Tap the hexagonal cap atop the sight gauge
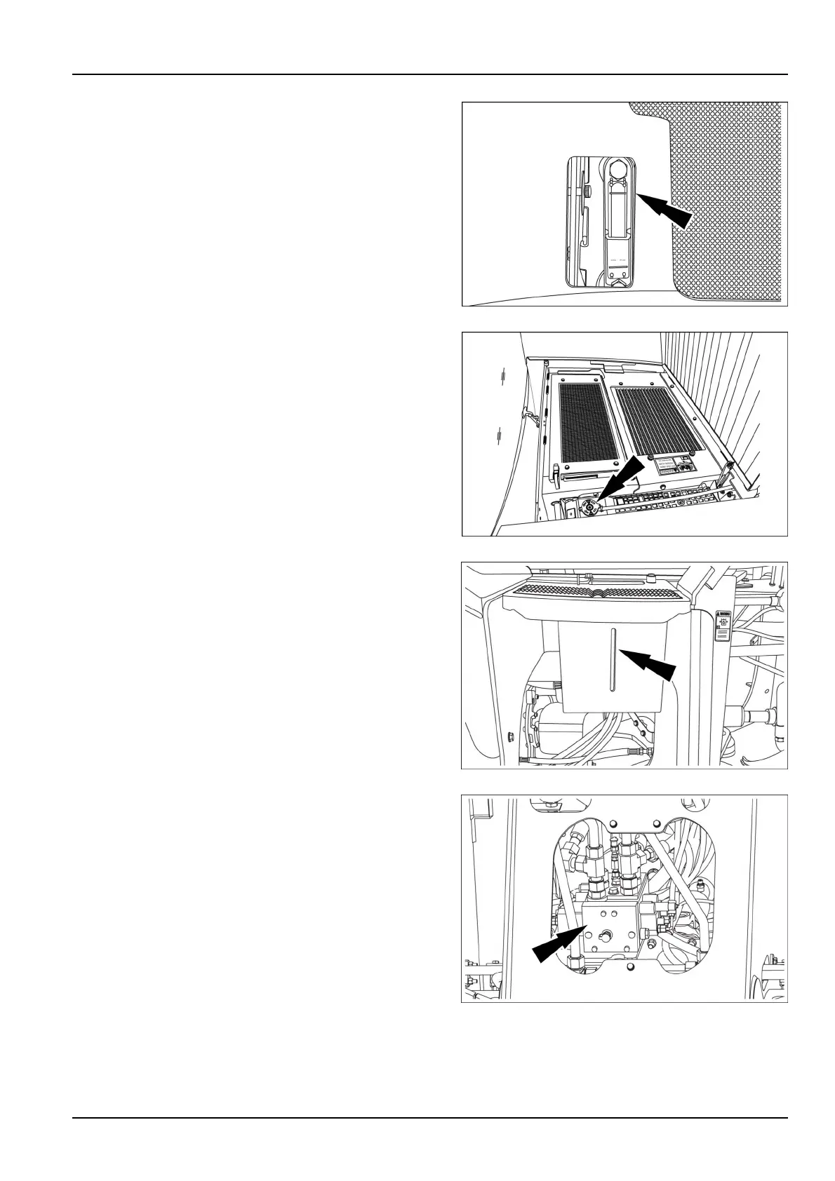click(x=617, y=169)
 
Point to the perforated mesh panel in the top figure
click(x=730, y=203)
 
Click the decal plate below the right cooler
click(x=674, y=466)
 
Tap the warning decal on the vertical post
click(x=723, y=625)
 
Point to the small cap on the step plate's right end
click(x=653, y=578)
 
